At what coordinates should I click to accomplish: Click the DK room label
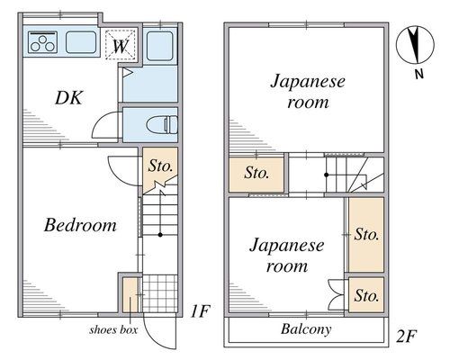click(68, 97)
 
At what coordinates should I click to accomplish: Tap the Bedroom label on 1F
click(80, 225)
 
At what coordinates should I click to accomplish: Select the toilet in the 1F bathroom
click(162, 124)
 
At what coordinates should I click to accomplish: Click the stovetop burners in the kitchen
click(43, 43)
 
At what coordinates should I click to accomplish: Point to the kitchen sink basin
click(81, 42)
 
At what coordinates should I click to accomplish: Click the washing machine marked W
click(121, 45)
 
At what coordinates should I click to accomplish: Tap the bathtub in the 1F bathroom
click(160, 46)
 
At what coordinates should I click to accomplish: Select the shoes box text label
click(113, 330)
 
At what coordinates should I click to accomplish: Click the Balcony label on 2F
click(306, 329)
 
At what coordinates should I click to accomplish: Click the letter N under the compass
click(419, 74)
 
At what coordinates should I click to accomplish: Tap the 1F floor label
click(200, 311)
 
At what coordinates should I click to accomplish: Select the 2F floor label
click(407, 336)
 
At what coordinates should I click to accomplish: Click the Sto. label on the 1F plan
click(161, 166)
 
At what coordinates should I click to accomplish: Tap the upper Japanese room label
click(308, 92)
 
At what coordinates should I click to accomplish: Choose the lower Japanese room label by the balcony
click(286, 256)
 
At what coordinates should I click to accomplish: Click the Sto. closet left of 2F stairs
click(256, 175)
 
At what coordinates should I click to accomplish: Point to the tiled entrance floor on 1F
click(160, 294)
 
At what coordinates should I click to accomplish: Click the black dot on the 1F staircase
click(160, 235)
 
